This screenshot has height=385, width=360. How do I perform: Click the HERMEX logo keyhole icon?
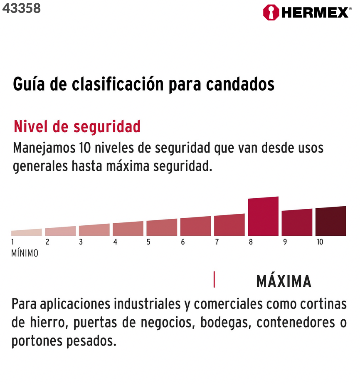[271, 12]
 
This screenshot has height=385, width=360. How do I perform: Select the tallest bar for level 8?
[263, 216]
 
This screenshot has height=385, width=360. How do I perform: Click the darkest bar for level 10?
[331, 221]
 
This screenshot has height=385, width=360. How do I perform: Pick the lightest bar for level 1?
[27, 232]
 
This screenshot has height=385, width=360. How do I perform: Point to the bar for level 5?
[162, 227]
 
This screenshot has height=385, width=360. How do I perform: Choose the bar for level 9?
[297, 222]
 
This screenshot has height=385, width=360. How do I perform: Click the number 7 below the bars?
[217, 242]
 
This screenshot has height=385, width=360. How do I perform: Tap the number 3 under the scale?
[81, 242]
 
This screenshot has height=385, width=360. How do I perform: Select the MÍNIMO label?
[25, 253]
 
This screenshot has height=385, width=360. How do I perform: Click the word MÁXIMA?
[284, 281]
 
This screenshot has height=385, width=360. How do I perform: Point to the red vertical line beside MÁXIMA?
[214, 279]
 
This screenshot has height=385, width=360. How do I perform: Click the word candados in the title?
[240, 84]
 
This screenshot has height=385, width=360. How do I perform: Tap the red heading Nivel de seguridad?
[77, 127]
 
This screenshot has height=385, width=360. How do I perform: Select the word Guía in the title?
[29, 84]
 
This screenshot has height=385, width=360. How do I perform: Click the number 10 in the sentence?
[85, 148]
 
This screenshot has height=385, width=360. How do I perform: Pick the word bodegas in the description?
[226, 322]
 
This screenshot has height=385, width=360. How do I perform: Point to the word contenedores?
[296, 322]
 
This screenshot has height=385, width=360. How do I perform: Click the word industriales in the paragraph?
[147, 304]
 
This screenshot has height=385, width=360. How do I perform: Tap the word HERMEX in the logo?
[315, 12]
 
